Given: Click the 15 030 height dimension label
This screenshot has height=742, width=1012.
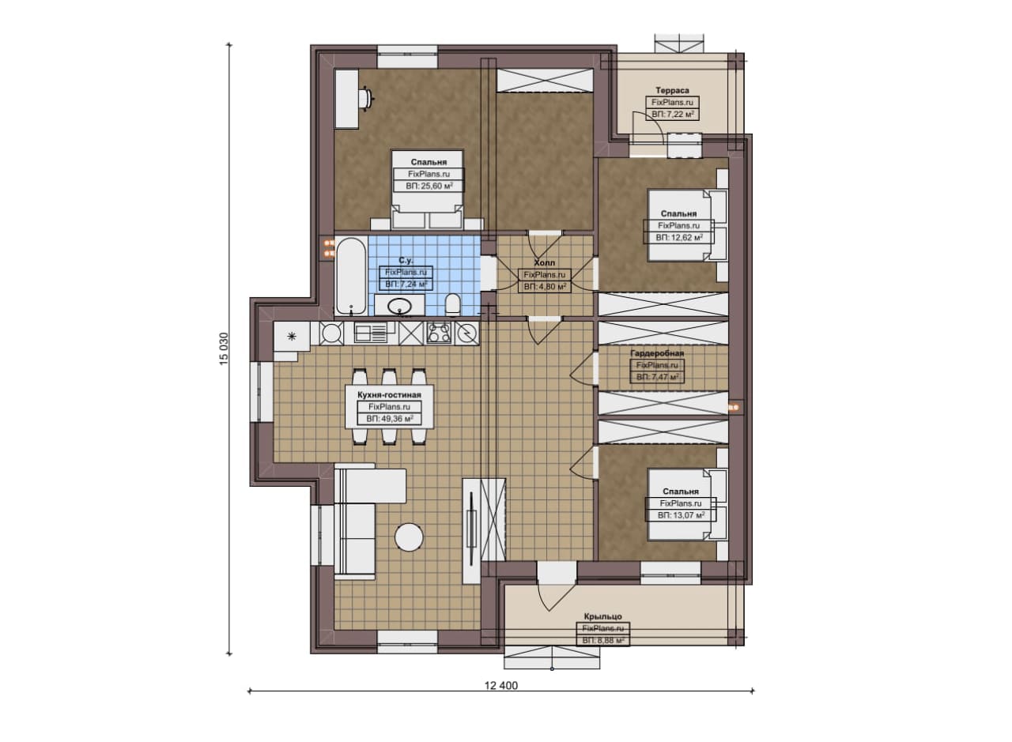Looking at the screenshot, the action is pyautogui.click(x=224, y=348).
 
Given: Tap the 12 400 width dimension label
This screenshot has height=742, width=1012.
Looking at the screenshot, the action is pyautogui.click(x=501, y=686).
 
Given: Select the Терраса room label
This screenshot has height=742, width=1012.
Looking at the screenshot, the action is pyautogui.click(x=672, y=90).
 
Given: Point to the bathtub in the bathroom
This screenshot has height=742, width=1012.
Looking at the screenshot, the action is pyautogui.click(x=351, y=276).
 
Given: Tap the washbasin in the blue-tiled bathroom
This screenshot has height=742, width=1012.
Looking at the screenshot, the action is pyautogui.click(x=399, y=306).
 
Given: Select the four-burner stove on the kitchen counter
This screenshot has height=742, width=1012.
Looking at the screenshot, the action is pyautogui.click(x=439, y=333).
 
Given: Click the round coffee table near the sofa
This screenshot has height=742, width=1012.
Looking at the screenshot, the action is pyautogui.click(x=409, y=537).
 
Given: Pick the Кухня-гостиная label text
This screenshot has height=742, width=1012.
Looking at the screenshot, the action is pyautogui.click(x=389, y=395).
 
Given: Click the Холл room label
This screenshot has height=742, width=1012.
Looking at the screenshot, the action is pyautogui.click(x=545, y=262).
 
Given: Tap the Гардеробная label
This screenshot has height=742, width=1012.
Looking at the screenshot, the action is pyautogui.click(x=657, y=353).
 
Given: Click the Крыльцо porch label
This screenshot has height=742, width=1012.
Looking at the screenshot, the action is pyautogui.click(x=602, y=616).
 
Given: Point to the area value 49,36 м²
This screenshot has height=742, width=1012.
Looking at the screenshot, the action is pyautogui.click(x=397, y=419).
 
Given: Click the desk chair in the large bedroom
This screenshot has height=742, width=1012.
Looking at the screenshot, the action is pyautogui.click(x=365, y=98).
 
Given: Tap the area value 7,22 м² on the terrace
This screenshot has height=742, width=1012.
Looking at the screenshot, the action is pyautogui.click(x=680, y=115).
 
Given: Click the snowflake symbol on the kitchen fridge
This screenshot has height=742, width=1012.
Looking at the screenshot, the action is pyautogui.click(x=292, y=336).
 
